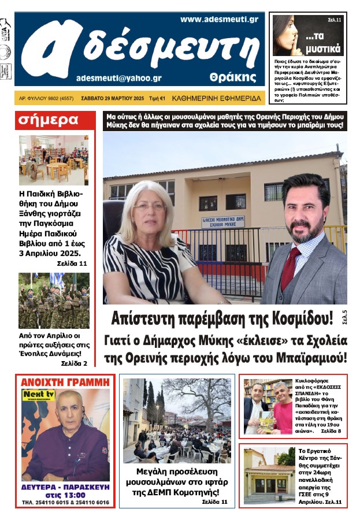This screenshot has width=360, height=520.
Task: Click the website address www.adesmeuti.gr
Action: [219, 19]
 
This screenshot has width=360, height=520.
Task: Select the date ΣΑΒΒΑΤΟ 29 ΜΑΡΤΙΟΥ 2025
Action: [113, 98]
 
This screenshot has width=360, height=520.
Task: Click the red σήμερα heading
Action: [48, 120]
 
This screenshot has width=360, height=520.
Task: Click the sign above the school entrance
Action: [223, 222]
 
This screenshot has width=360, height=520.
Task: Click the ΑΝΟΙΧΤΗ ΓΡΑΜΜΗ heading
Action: [65, 382]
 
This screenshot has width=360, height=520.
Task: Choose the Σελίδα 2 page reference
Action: [73, 363]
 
